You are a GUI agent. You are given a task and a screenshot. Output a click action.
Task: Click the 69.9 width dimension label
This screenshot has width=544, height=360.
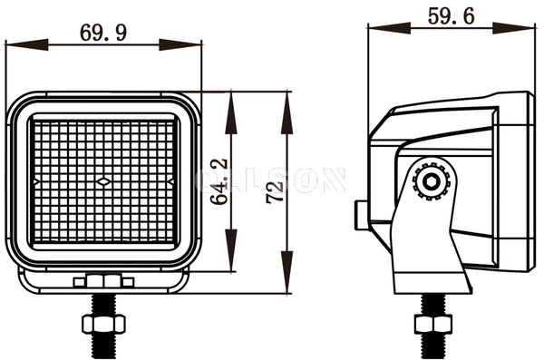coord(104,32)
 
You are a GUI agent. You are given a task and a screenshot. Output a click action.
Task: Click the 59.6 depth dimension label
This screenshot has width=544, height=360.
coord(451,15)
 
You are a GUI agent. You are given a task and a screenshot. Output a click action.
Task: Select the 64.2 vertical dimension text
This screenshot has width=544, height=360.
coord(219,182)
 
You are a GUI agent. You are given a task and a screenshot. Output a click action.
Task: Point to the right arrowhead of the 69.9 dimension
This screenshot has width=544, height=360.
coord(191,44)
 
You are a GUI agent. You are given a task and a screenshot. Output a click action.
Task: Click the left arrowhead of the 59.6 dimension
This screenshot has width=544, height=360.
coord(377,27)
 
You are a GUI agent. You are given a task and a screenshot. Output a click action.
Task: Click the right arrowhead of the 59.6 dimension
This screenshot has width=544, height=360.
coord(526,27)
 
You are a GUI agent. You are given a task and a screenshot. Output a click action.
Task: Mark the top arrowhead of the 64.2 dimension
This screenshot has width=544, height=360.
coord(231,102)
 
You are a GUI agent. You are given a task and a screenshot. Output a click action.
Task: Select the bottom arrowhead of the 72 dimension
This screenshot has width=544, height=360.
coord(287,283)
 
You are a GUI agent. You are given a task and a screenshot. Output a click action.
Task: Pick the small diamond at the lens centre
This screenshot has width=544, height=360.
coord(104,182)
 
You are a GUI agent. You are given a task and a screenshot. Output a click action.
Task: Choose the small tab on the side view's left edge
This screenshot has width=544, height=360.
coord(360,216)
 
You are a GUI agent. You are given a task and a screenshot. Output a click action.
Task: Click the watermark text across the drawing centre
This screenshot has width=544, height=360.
coord(272,180)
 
